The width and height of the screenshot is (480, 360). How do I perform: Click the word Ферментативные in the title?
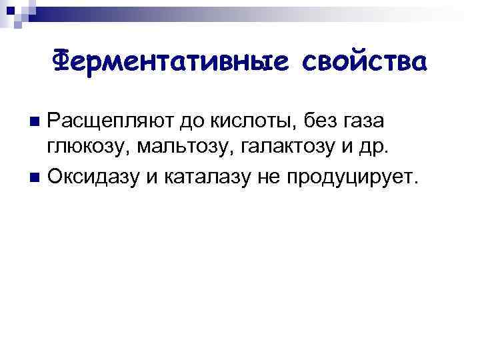[171, 61]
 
